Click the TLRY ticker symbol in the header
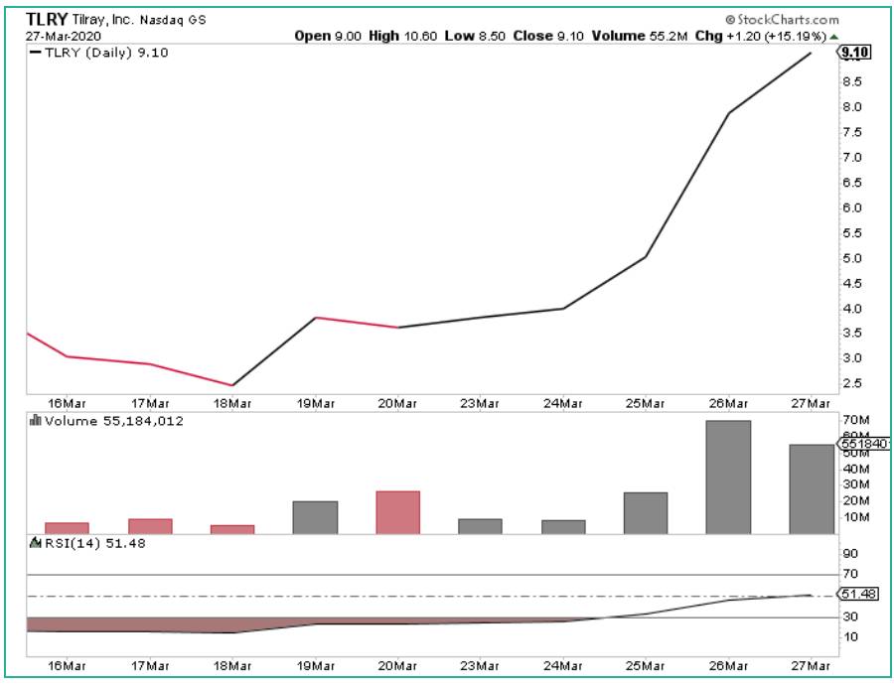47,18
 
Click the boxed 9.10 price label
854,53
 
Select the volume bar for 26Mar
728,478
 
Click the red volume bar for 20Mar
398,512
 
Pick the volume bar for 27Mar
812,489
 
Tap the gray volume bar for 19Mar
316,517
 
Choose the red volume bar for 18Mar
233,529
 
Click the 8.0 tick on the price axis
851,107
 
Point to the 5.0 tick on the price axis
851,258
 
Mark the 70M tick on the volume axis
854,421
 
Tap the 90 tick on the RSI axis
850,554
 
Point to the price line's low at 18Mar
232,385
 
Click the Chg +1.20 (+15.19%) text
776,35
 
